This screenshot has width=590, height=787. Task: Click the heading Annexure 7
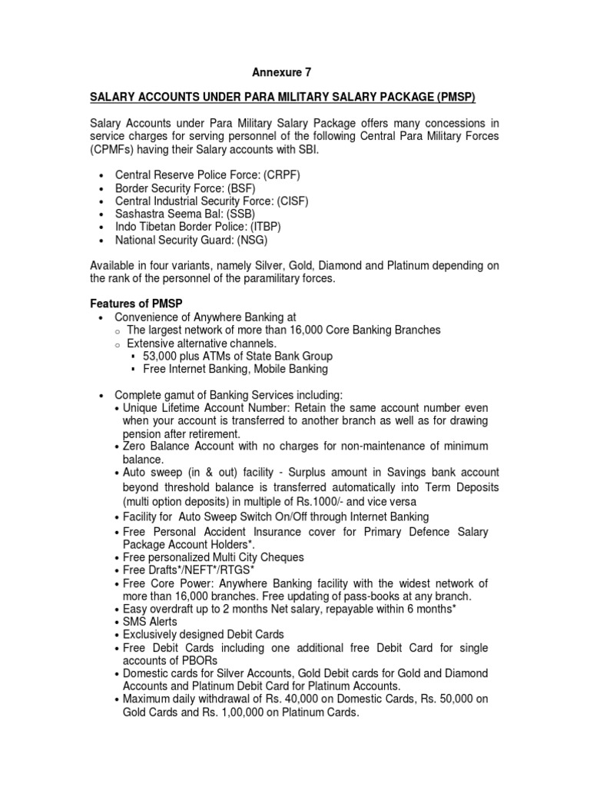[282, 73]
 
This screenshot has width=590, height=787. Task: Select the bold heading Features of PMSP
[138, 304]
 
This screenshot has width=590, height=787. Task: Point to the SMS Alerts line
[150, 622]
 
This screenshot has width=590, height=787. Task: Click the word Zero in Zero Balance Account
[135, 447]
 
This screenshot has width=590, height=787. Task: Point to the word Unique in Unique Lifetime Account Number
[141, 407]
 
